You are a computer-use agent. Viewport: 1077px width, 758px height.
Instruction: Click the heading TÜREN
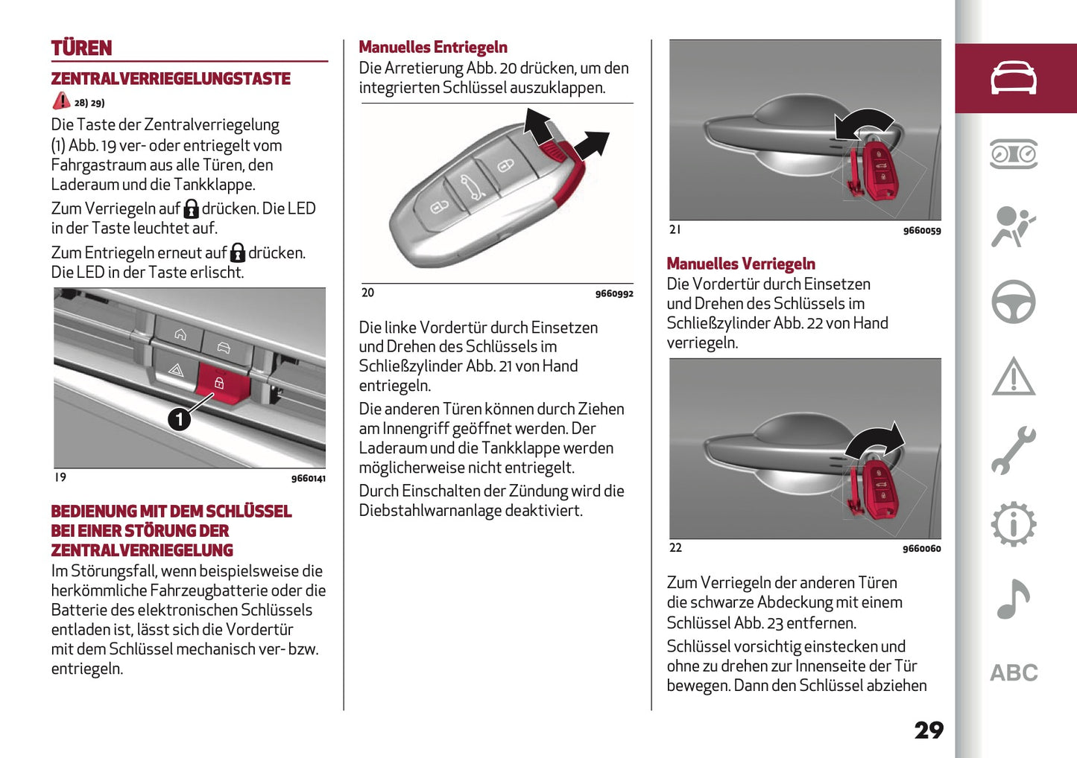(81, 48)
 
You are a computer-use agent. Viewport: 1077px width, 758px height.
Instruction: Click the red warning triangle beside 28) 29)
(61, 101)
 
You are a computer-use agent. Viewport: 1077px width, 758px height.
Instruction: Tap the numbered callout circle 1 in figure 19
(179, 419)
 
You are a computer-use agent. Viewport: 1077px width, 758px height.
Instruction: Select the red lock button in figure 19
(219, 383)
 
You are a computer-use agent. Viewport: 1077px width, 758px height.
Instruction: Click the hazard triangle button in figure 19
(176, 369)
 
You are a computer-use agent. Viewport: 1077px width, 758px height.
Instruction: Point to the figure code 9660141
(308, 478)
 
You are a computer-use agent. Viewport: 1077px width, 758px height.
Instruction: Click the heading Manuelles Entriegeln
(432, 48)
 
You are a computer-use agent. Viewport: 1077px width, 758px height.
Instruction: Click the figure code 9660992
(613, 293)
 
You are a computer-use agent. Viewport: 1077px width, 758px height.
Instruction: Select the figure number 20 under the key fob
(367, 293)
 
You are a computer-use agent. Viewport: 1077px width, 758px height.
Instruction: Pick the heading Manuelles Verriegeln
(740, 264)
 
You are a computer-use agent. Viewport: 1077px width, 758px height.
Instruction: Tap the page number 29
(928, 730)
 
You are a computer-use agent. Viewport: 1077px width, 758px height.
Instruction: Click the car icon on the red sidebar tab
(1013, 78)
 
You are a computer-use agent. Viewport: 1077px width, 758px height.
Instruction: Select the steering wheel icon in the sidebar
(1013, 302)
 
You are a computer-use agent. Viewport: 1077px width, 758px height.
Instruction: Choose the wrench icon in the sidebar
(1013, 450)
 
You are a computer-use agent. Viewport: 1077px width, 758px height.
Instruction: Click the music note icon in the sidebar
(1013, 599)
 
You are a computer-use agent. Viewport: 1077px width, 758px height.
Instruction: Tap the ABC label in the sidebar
(1013, 673)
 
